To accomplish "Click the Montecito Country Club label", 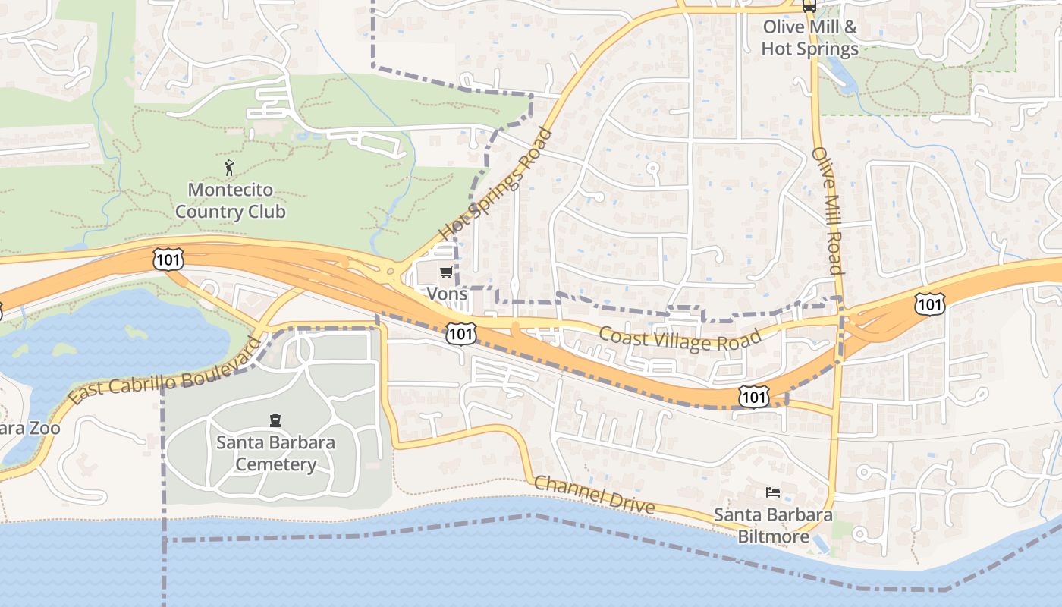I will tap(231, 200).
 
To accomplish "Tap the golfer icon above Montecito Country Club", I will tap(229, 168).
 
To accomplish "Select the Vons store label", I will tap(447, 293).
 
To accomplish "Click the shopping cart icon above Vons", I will tap(446, 272).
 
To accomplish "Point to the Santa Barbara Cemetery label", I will tap(275, 453).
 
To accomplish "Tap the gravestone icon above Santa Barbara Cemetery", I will tap(275, 420).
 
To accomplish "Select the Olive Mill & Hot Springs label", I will tap(809, 38).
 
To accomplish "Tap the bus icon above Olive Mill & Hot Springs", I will tap(809, 6).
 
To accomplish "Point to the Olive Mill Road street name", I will tap(828, 211).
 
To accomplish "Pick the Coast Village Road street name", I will tap(680, 338).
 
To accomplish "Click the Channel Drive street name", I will tap(595, 494).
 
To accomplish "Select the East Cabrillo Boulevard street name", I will tap(164, 372).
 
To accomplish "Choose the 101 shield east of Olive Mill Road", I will tap(929, 303).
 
